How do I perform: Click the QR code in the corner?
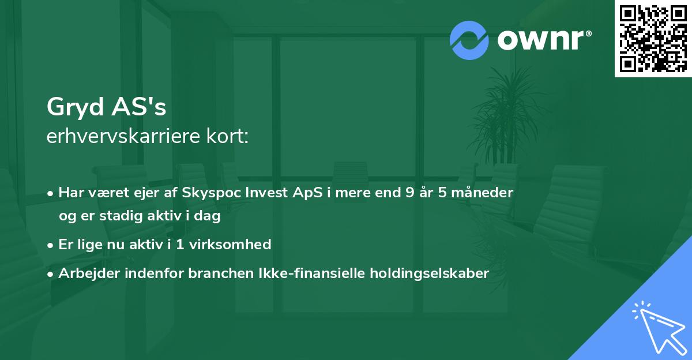[653, 38]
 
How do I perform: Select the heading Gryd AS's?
[106, 107]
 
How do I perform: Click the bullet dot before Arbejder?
[51, 273]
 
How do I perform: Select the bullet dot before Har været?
[51, 193]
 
